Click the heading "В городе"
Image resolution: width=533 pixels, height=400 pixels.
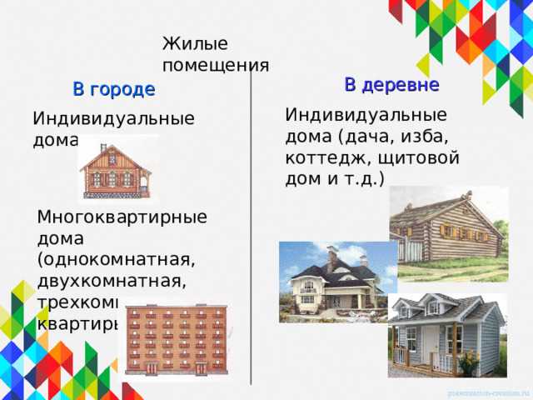[x=113, y=89]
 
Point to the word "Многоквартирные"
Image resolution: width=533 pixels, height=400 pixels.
[x=122, y=217]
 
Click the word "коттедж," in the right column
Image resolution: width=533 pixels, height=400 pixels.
[x=317, y=157]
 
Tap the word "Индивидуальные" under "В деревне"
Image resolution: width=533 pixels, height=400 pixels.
[x=366, y=115]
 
